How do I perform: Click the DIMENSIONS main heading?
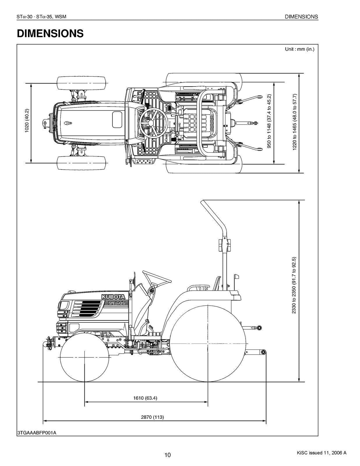click(x=50, y=33)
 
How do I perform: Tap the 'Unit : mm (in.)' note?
click(x=299, y=49)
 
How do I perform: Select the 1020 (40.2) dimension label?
click(x=27, y=121)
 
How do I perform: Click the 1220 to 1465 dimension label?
click(x=294, y=122)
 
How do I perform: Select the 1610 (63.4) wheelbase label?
click(x=145, y=398)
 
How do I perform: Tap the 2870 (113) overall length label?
click(x=152, y=417)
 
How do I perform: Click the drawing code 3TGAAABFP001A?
click(x=37, y=433)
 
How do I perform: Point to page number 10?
click(x=167, y=455)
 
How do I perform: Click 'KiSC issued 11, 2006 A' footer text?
click(x=322, y=453)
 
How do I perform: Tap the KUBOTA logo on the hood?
click(x=113, y=297)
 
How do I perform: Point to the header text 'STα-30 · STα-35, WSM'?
click(x=42, y=17)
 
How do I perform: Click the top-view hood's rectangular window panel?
click(x=117, y=119)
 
